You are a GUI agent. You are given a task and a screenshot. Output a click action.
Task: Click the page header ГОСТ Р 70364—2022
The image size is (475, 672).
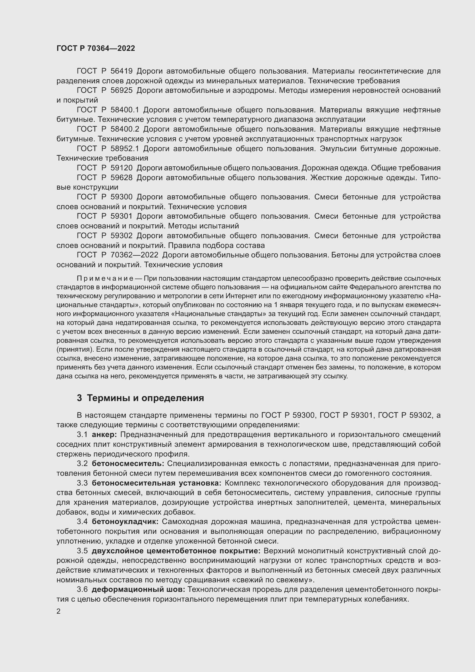coord(96,49)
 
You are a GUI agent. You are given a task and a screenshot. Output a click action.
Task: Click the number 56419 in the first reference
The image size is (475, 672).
coord(121,71)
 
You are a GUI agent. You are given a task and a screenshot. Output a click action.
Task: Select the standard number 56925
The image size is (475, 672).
coord(121,91)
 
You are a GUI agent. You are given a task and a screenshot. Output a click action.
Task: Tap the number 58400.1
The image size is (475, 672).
coord(125,110)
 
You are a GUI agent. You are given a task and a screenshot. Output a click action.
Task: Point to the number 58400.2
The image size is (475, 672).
coord(125,129)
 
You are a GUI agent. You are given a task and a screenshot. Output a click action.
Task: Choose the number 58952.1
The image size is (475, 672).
coord(125,149)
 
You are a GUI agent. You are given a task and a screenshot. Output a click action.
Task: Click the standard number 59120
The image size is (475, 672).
coord(121,168)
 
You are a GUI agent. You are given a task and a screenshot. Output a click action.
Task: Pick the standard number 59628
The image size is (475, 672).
coord(121,178)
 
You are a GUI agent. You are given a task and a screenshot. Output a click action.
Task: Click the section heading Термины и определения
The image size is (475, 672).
coord(145,398)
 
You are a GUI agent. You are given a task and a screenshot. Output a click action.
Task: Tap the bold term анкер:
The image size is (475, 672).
coord(104,435)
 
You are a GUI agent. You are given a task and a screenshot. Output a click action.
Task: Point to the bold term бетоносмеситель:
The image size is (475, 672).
coord(128,464)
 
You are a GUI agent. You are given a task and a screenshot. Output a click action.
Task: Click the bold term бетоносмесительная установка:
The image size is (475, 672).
coord(157,483)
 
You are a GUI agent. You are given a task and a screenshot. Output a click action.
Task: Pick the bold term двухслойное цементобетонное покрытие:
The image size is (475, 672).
coord(176,551)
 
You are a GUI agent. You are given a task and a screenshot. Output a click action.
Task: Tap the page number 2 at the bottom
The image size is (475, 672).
coord(59,611)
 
